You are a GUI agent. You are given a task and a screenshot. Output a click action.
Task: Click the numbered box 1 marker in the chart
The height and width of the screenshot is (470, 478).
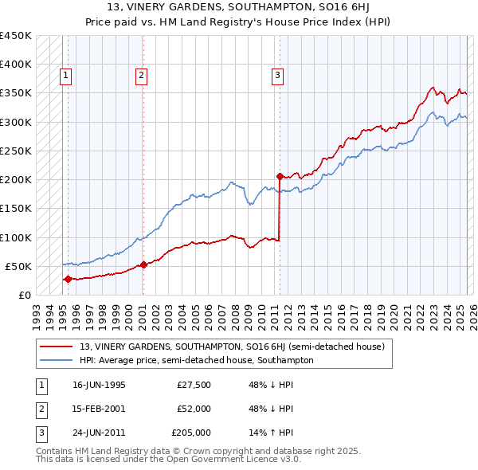(x=65, y=76)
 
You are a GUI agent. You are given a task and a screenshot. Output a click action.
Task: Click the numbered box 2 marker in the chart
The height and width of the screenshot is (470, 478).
(x=140, y=76)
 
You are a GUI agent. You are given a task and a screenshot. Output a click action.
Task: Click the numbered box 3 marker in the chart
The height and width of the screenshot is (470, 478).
(x=277, y=76)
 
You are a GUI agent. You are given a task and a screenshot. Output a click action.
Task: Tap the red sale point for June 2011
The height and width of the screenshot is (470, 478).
(x=280, y=176)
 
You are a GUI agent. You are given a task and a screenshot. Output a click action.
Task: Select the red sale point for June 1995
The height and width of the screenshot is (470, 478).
(x=68, y=279)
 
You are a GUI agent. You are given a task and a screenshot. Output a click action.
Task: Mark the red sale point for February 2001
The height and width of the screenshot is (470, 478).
(x=143, y=264)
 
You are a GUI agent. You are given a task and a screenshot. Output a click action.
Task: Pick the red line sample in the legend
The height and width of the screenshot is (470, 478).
(x=57, y=347)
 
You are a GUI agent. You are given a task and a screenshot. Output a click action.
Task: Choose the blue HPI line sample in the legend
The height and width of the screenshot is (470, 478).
(x=57, y=360)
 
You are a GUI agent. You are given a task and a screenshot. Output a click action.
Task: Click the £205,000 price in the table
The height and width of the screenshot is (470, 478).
(x=191, y=433)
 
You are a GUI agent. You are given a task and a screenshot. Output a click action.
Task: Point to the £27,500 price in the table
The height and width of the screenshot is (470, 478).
(x=194, y=385)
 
